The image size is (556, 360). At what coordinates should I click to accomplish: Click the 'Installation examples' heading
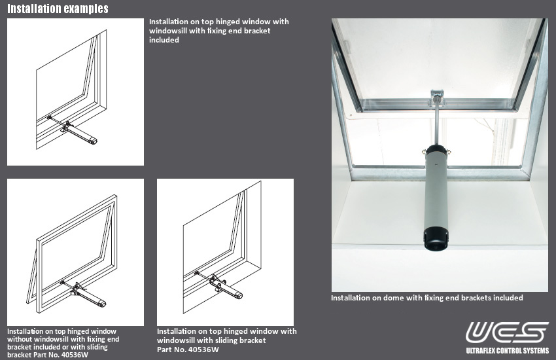coord(58,9)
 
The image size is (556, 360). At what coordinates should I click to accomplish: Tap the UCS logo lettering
coord(507,332)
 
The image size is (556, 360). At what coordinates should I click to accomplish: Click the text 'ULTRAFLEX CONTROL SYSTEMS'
coord(508,350)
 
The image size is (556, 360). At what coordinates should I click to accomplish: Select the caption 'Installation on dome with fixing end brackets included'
coord(426,298)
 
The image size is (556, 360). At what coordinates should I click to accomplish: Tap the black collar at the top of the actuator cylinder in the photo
coord(435,152)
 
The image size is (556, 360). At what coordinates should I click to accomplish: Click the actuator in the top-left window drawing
coord(82,134)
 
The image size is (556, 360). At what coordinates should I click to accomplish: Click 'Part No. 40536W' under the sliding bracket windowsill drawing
coord(188,350)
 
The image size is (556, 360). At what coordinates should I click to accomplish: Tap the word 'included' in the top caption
coord(164,40)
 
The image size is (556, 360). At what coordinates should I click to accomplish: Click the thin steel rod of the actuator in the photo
coord(436,124)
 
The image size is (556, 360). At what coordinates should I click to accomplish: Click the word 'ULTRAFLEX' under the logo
coord(484,350)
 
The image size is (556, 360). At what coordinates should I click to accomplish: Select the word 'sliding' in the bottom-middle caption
coord(224,340)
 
